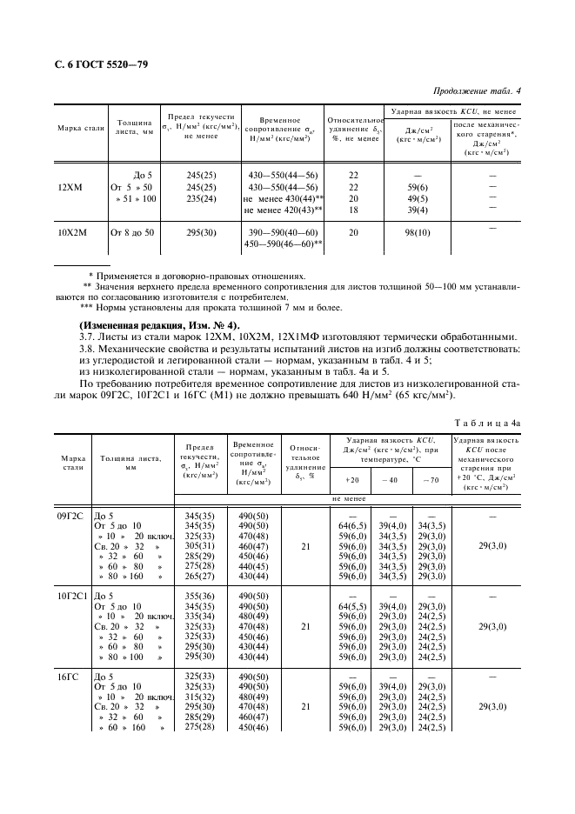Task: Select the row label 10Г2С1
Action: coord(73,595)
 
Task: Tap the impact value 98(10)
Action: coord(418,233)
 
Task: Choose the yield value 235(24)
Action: coord(201,198)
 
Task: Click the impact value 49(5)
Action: coord(418,198)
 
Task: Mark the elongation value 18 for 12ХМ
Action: coord(353,210)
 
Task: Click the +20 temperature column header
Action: coord(352,479)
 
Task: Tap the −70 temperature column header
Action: coord(431,479)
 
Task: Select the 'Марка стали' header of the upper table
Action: coord(81,128)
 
